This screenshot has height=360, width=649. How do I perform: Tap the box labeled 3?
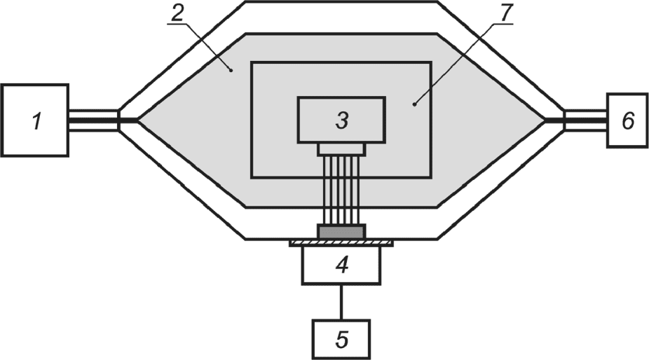click(x=341, y=119)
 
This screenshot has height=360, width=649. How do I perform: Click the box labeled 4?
click(x=341, y=265)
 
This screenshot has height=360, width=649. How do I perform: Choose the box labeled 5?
click(x=341, y=339)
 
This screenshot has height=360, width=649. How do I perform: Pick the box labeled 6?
click(x=628, y=120)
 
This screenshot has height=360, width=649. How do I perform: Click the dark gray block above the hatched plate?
click(x=341, y=230)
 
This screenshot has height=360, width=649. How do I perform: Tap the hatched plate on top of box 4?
click(x=341, y=242)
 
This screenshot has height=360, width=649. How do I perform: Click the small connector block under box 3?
click(x=341, y=148)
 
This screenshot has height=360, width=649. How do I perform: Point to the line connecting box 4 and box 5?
click(x=341, y=302)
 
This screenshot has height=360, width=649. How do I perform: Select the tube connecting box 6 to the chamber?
click(x=586, y=120)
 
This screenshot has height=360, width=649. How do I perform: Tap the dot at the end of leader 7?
click(x=415, y=104)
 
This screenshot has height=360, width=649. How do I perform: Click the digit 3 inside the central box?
click(x=341, y=120)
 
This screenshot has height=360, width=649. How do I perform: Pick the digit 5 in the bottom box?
click(x=341, y=340)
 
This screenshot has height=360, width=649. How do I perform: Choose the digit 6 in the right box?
click(x=628, y=120)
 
